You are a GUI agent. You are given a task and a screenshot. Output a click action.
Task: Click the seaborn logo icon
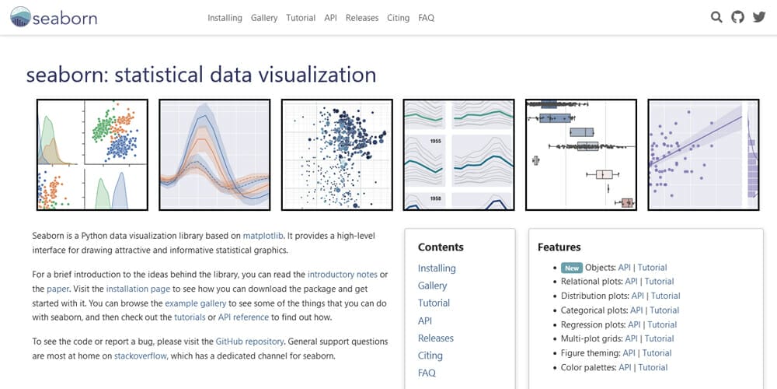(x=20, y=17)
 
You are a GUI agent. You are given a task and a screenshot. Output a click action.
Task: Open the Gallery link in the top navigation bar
(x=264, y=18)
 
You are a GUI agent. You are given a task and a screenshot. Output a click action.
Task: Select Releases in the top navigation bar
(x=362, y=18)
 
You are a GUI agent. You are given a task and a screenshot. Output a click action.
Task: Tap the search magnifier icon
(x=716, y=17)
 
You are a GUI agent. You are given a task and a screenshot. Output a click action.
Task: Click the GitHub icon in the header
(x=738, y=17)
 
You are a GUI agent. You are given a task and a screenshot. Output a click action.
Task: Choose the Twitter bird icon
(x=759, y=17)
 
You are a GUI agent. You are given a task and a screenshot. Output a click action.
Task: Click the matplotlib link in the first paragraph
(x=263, y=236)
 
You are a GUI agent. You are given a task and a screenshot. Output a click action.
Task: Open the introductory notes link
(x=343, y=275)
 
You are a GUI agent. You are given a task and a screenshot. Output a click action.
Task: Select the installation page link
(x=138, y=289)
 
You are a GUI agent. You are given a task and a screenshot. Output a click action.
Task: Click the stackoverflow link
(x=141, y=356)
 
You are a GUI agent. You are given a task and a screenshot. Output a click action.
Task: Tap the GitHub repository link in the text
(x=249, y=342)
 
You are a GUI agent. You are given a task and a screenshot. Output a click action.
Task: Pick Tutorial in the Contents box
(x=434, y=303)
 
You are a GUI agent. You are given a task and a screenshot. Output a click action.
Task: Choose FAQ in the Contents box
(x=427, y=373)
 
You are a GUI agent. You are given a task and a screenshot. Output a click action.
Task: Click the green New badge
(x=572, y=268)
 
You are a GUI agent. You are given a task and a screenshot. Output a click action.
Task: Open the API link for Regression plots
(x=634, y=325)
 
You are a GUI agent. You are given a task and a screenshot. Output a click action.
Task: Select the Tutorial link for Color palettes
(x=653, y=368)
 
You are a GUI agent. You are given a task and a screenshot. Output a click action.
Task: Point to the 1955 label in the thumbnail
(x=422, y=141)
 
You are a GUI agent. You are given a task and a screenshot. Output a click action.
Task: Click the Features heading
(x=559, y=247)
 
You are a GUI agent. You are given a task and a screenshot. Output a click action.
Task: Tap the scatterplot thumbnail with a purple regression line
(x=703, y=155)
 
